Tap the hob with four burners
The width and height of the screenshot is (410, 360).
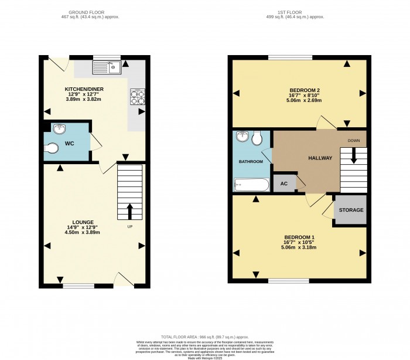[138, 96]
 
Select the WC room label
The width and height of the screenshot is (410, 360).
[69, 144]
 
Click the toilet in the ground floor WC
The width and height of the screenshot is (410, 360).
[53, 148]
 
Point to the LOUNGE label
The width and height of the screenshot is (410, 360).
[83, 222]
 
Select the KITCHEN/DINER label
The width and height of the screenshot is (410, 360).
[84, 89]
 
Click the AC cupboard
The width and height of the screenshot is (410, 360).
[284, 183]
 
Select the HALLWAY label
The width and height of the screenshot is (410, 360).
[320, 158]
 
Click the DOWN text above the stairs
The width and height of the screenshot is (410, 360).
[353, 141]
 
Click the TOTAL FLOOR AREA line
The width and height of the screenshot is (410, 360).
[204, 337]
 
